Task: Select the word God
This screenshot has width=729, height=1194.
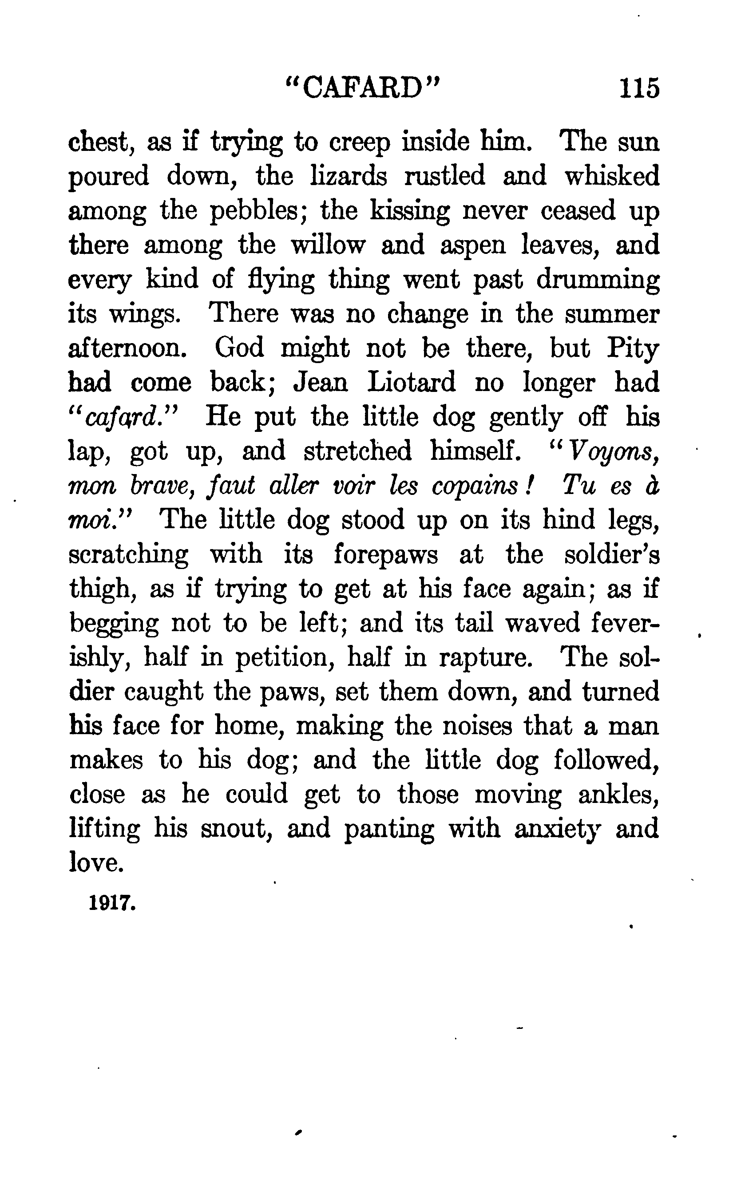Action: pos(239,348)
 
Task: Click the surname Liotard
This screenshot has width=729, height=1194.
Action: pos(411,382)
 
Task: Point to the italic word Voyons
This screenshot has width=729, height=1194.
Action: pos(613,452)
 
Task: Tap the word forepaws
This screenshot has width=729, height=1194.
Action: pos(385,555)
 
